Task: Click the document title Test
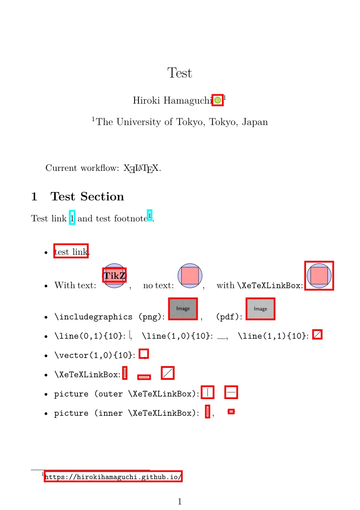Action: click(180, 73)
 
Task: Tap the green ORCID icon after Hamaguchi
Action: click(218, 100)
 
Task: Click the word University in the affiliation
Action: click(139, 122)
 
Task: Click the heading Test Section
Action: click(87, 197)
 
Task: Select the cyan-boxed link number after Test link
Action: click(72, 218)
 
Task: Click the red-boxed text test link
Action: click(71, 252)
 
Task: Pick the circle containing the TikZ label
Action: click(114, 276)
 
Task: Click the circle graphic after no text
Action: click(190, 276)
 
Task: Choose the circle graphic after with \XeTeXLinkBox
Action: click(319, 276)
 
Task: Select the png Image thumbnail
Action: click(183, 309)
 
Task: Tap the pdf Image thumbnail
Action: click(260, 309)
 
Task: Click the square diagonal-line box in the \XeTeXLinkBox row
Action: click(168, 373)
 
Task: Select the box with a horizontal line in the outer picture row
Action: click(231, 392)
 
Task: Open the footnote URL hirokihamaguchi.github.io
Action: click(113, 477)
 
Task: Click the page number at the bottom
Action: click(180, 501)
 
